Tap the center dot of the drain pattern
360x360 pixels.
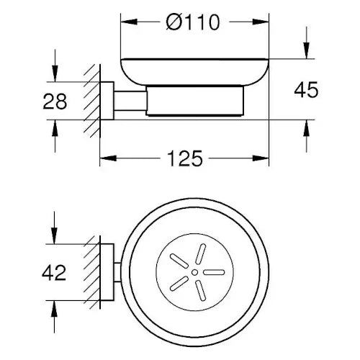[192, 274]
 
